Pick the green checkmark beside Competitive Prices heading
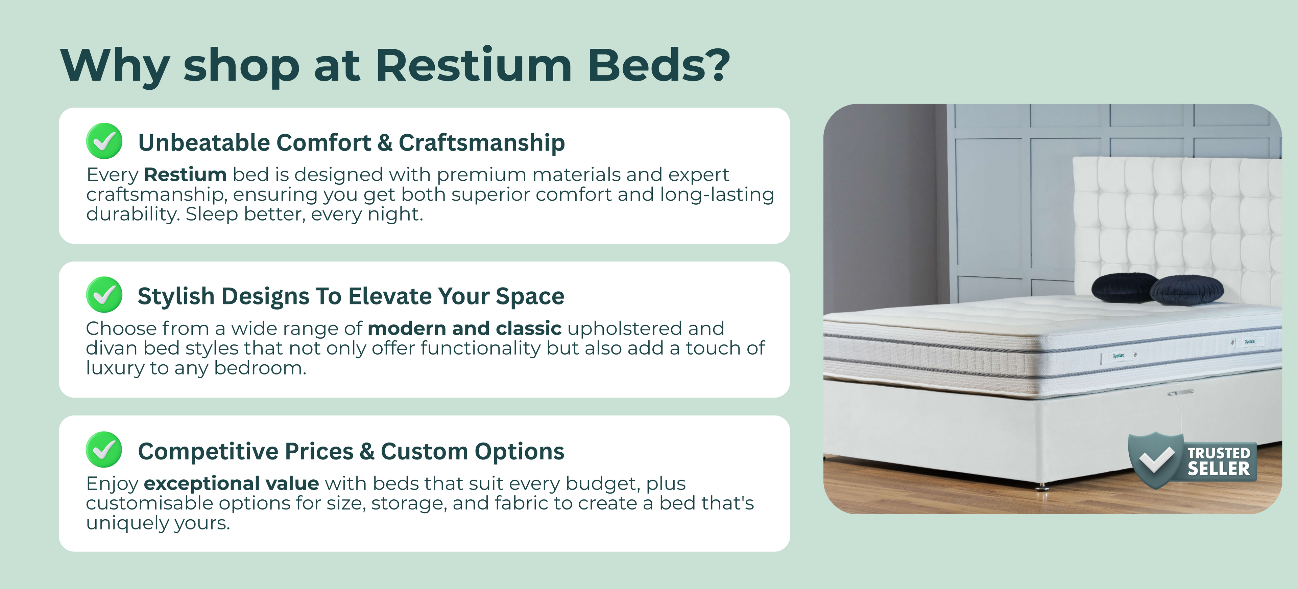point(104,449)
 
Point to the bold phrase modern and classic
point(464,328)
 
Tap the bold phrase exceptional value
point(231,483)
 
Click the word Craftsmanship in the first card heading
point(482,143)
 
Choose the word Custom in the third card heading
point(424,451)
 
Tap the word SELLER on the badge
point(1218,469)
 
